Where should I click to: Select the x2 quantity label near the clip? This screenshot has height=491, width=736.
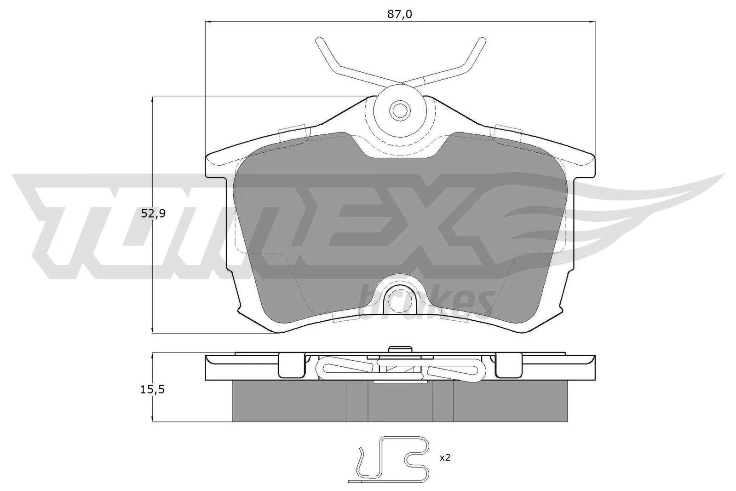point(445,458)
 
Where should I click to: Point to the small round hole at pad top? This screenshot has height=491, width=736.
point(399,110)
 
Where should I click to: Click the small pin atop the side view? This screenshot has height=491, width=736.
point(399,350)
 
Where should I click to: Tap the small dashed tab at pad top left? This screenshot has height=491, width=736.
point(293,130)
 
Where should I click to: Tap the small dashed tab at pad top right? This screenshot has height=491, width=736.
point(506,130)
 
